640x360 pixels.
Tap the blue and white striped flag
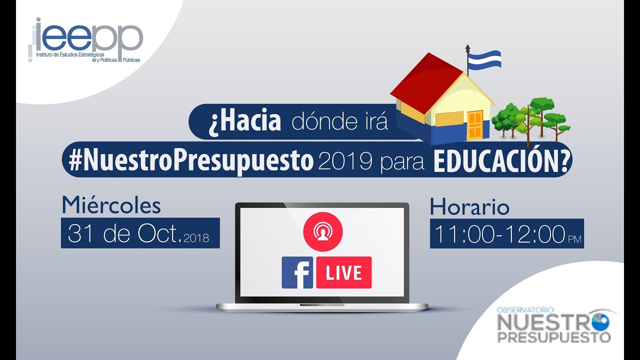[485, 59]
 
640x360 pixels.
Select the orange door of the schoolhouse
[475, 125]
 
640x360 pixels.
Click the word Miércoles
[111, 204]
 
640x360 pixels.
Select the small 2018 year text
[196, 238]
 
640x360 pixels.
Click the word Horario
[469, 206]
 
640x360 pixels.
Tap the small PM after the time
[575, 239]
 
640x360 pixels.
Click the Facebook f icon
[297, 272]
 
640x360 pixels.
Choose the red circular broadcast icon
[323, 231]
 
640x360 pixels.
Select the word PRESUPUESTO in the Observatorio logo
[554, 336]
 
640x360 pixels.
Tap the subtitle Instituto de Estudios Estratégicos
[70, 54]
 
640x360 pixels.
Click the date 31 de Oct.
[124, 233]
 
